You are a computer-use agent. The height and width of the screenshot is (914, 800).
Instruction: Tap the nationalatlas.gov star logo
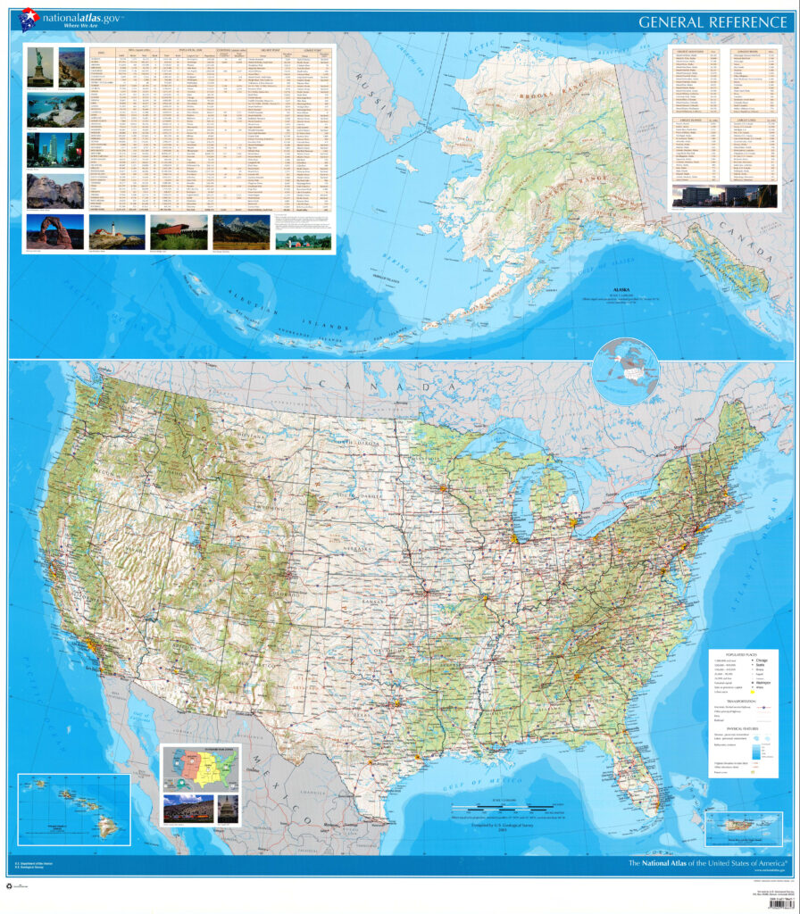pos(29,18)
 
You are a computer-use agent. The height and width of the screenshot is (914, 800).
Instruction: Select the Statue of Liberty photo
pos(40,68)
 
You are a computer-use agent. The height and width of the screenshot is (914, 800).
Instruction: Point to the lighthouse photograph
pos(117,231)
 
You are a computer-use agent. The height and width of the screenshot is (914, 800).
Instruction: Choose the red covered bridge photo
pos(179,231)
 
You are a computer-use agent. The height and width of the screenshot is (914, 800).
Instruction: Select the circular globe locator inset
pos(625,370)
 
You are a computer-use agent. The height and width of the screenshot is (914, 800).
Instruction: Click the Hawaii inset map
pos(73,809)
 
